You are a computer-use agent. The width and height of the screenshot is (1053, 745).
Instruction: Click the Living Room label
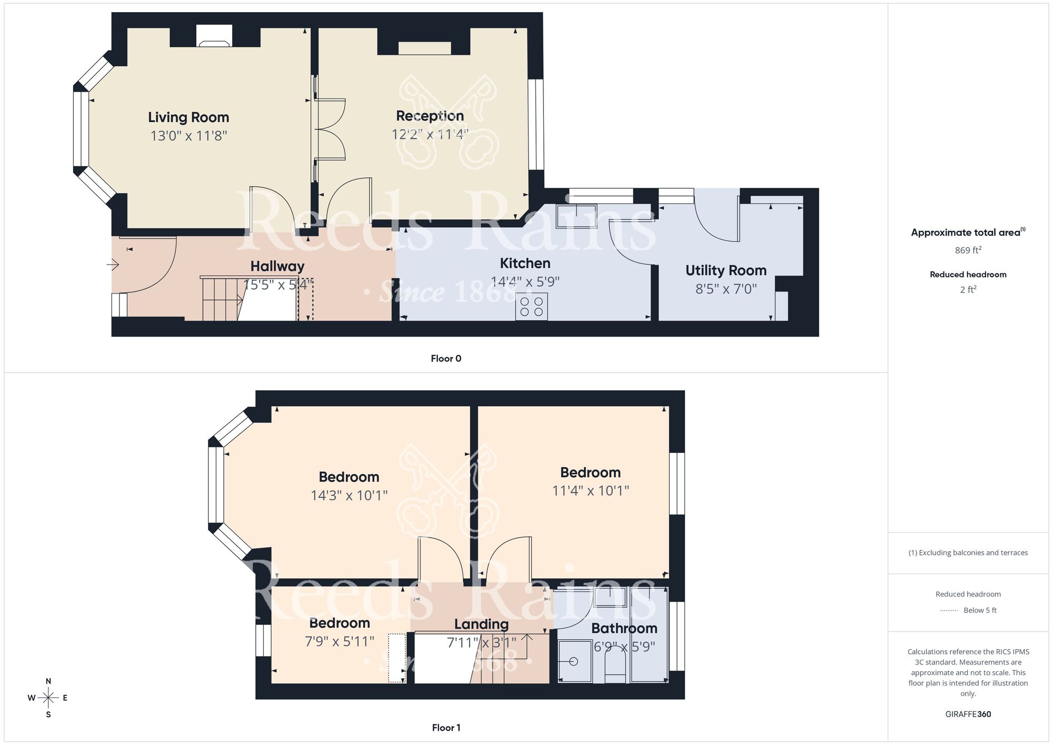coord(188,117)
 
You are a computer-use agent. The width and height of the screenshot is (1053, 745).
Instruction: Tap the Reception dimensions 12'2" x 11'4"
coord(430,134)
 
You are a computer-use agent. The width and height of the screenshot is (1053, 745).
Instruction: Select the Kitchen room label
coord(525,263)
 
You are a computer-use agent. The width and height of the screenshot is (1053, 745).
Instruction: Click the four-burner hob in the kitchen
coord(531,307)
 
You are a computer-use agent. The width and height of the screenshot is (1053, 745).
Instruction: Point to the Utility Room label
coord(726,271)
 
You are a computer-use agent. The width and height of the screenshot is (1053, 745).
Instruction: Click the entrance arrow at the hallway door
coord(113,264)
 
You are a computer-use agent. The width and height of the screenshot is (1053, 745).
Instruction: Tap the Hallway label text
coord(277,267)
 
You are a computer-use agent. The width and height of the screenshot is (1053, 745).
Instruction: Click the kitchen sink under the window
coord(576,216)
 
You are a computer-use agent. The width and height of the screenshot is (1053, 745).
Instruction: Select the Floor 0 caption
coord(446,359)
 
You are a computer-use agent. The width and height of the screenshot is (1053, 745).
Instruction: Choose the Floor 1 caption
coord(446,728)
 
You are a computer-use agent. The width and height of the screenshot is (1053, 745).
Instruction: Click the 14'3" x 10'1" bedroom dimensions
coord(349,496)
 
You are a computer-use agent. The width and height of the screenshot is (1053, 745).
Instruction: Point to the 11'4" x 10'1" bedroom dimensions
coord(590,491)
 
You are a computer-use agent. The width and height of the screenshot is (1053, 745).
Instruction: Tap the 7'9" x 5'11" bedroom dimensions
coord(340,642)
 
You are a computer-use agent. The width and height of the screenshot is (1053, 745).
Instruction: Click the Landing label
coord(481,624)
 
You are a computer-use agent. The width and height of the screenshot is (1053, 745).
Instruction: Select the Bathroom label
coord(624,629)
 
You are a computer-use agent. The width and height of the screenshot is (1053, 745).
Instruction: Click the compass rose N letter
coord(48,681)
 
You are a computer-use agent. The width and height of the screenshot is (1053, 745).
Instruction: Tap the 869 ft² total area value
coord(968,250)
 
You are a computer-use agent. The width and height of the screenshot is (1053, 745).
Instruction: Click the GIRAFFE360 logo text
coord(968,714)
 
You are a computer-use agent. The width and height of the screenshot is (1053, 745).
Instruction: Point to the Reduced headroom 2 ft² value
coord(968,290)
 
